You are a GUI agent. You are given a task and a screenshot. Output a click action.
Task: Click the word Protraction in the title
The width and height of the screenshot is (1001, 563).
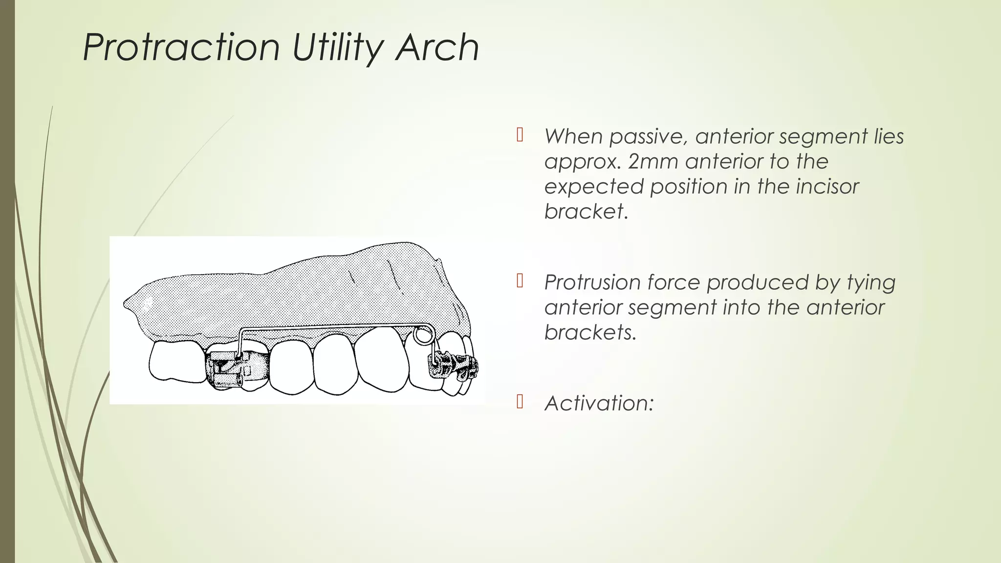[x=181, y=47]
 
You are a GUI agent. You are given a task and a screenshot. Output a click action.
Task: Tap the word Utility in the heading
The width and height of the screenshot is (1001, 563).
[x=338, y=47]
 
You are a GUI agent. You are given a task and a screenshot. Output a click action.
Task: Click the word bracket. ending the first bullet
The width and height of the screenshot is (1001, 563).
[x=586, y=211]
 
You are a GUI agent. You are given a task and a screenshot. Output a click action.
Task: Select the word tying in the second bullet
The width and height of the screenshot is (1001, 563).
[x=869, y=282]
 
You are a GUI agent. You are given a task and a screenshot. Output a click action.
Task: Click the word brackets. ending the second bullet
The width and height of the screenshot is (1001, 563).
[x=590, y=332]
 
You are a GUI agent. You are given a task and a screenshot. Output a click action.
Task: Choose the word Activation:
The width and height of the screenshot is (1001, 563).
[x=599, y=403]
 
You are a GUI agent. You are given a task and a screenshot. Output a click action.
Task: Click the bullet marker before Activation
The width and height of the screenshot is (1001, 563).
[x=520, y=402]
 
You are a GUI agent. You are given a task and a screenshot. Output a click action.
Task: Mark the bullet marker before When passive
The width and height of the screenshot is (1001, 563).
[x=520, y=135]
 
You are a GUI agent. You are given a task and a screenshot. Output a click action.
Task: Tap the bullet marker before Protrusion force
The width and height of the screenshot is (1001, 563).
[x=520, y=281]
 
